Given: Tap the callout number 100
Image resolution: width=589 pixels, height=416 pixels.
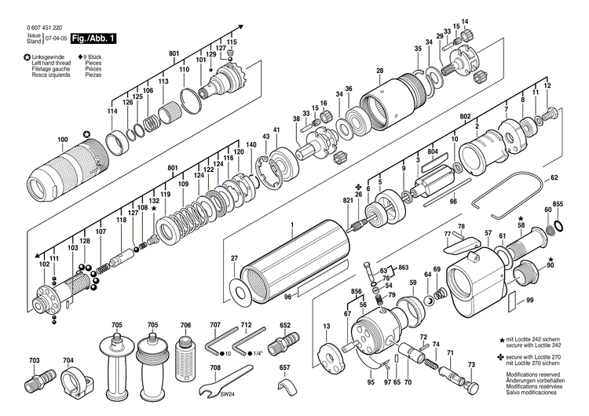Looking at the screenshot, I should [x=63, y=141].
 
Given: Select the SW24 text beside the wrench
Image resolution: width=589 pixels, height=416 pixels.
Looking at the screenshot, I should [x=229, y=392].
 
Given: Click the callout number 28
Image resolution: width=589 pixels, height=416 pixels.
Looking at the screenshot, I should [x=379, y=71].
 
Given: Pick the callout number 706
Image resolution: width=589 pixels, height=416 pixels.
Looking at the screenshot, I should [x=185, y=325].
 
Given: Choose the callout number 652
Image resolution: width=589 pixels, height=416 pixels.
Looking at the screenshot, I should [x=285, y=325].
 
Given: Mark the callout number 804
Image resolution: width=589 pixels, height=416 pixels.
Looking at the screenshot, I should [x=433, y=151].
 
